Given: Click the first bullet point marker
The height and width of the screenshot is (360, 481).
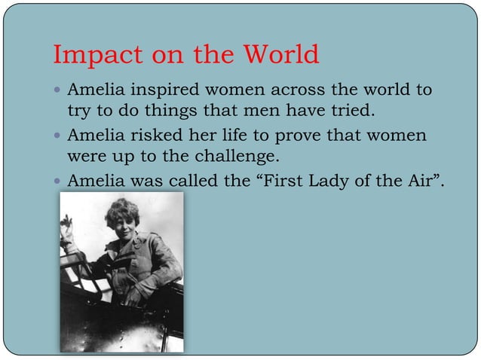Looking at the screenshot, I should point(59,91).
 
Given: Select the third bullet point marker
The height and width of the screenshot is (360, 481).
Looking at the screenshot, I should point(59,182).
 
